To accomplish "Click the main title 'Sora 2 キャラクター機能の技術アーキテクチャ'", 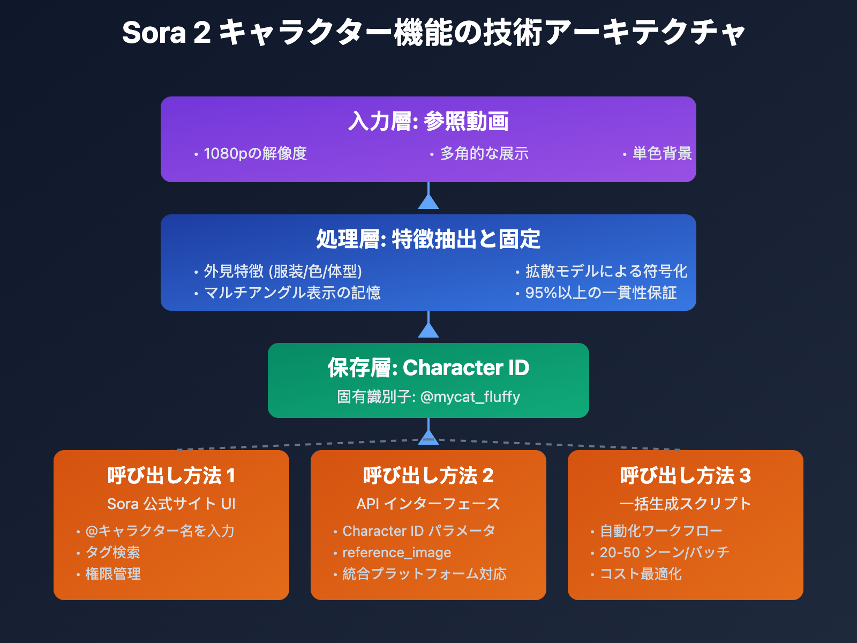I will pos(433,33).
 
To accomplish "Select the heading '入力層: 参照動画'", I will pos(428,121).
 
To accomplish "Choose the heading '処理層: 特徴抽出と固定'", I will pos(428,239).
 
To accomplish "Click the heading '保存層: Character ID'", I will pos(428,368).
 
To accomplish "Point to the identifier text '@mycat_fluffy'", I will pos(470,397).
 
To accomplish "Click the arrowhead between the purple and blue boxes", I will pos(428,201).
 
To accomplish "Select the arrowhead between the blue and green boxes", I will pos(428,330).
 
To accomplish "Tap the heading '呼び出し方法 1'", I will pos(171,476).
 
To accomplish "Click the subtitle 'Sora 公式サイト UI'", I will pos(171,504).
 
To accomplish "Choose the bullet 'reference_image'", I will pos(396,552).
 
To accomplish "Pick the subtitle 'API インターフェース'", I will pos(428,504).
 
